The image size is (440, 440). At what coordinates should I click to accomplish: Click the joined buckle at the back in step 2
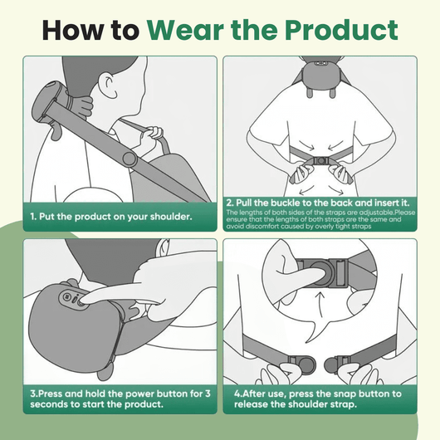coord(319,162)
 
